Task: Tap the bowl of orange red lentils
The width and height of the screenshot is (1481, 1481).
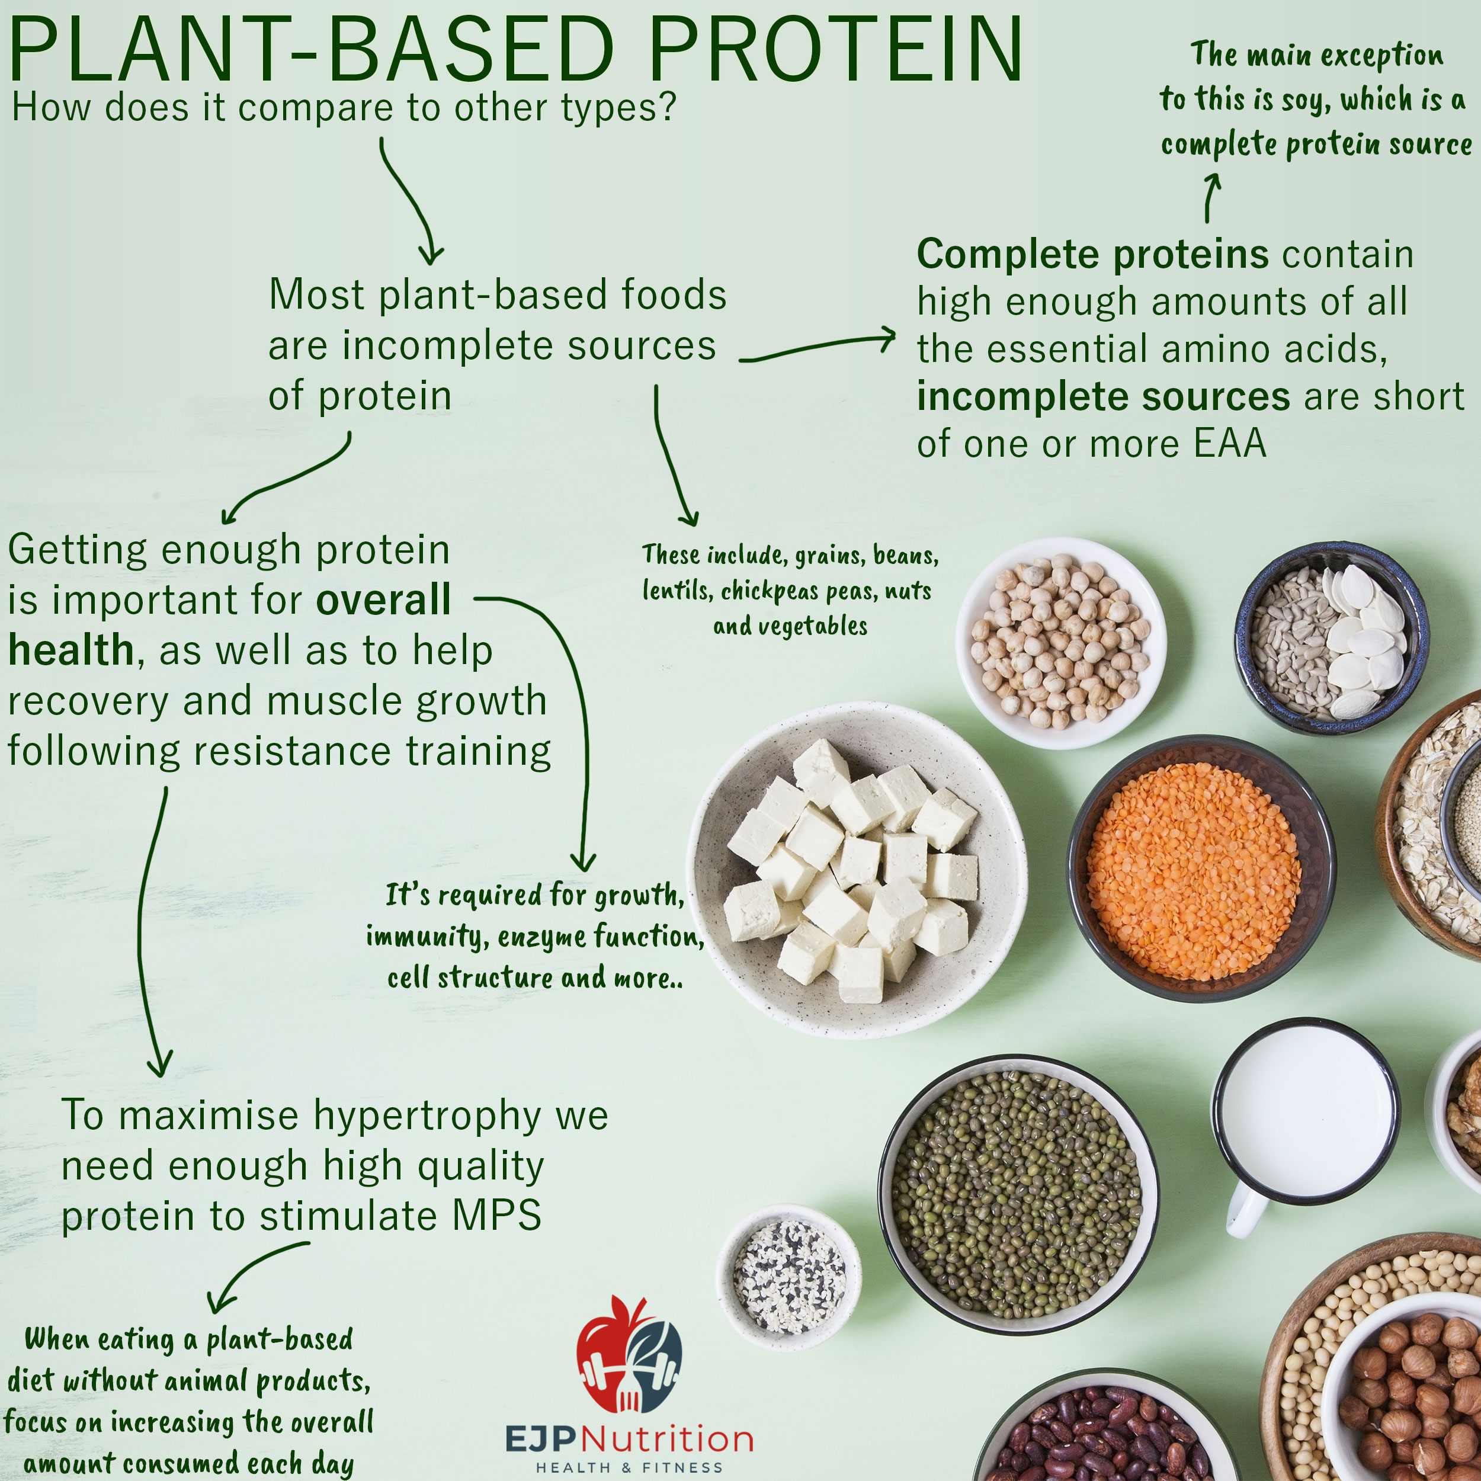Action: (x=1201, y=868)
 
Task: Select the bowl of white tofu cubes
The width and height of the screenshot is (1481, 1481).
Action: (x=856, y=870)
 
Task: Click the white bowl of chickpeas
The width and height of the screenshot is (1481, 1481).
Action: (x=1061, y=642)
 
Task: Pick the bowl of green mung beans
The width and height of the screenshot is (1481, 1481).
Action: (x=1018, y=1195)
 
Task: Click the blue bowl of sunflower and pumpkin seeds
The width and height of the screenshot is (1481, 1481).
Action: (x=1332, y=638)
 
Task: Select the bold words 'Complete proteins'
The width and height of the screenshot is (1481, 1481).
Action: (x=1092, y=254)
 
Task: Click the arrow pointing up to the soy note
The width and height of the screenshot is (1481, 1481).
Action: (x=1210, y=198)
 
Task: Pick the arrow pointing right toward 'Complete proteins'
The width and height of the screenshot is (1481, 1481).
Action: (x=817, y=347)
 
